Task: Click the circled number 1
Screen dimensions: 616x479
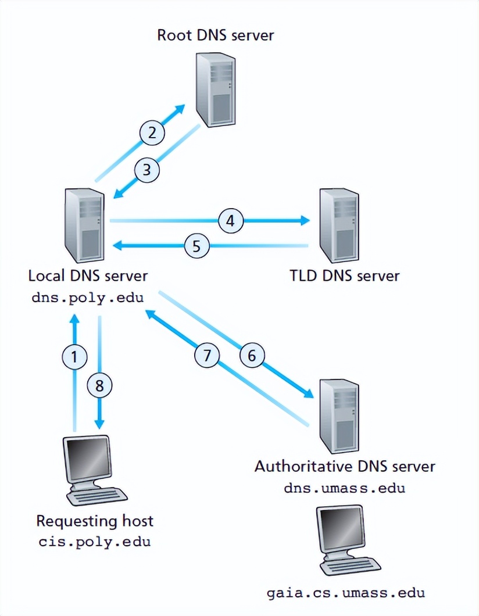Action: pos(74,356)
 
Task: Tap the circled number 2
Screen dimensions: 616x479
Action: pos(152,132)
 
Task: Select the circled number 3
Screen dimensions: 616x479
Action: pos(147,170)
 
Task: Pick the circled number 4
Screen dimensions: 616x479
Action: pos(231,221)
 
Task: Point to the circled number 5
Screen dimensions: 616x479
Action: pos(196,246)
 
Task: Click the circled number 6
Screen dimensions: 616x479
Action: pos(252,355)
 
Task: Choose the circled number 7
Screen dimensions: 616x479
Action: pos(206,355)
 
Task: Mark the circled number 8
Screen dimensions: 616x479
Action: pos(99,385)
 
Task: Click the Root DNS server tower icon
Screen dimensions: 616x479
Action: pos(215,91)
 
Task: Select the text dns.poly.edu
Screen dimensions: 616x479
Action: pos(87,298)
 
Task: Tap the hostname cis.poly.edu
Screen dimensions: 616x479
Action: pos(95,542)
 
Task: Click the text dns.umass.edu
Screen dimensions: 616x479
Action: pos(345,488)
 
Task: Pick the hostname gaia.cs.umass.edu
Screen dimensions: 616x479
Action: pos(346,593)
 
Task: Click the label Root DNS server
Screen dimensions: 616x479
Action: pos(215,35)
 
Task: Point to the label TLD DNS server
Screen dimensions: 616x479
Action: pos(345,275)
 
